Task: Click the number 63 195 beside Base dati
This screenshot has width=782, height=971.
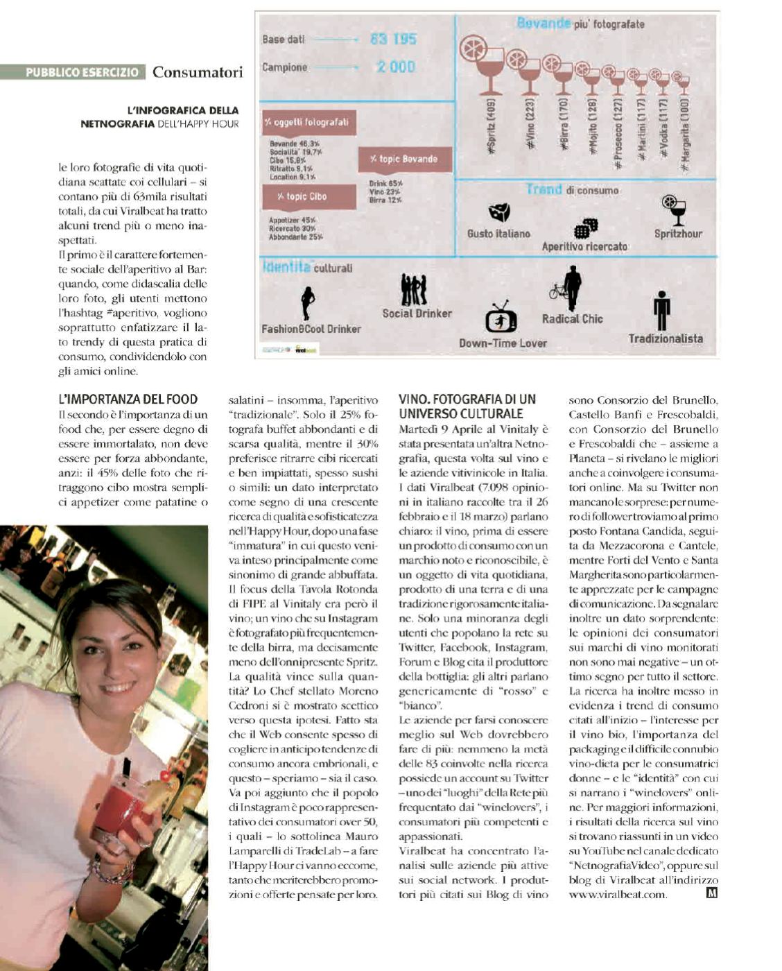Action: tap(393, 39)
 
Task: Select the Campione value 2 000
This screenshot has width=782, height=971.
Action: tap(396, 67)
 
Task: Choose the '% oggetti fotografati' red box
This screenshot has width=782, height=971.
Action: tap(309, 123)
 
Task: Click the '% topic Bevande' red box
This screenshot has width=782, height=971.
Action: tap(404, 159)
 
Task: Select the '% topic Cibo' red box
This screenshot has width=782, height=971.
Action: tap(309, 196)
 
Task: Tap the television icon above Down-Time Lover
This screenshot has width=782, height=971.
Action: tap(501, 319)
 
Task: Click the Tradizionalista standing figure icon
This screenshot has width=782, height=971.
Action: tap(662, 311)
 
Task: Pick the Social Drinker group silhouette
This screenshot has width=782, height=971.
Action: tap(414, 290)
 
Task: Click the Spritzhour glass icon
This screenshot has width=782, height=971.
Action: tap(675, 210)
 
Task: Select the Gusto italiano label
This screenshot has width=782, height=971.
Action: tap(498, 234)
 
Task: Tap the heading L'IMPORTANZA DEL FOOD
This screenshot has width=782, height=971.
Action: tap(128, 399)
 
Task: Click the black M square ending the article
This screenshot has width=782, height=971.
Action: tap(711, 893)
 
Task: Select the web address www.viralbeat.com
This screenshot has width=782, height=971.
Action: tap(617, 895)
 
